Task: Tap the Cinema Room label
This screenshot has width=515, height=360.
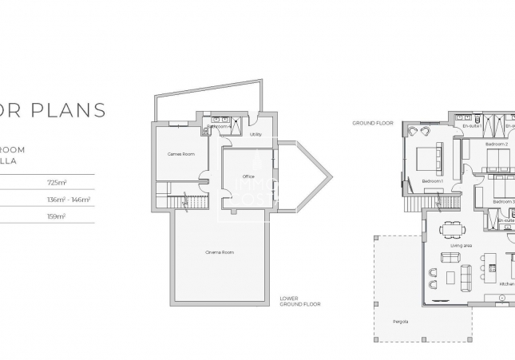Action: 219,252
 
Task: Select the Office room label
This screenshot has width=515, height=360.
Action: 248,176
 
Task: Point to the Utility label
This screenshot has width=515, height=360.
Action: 256,134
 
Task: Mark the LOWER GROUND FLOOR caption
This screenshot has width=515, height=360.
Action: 300,302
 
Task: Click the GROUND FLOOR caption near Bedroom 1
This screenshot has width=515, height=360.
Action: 373,123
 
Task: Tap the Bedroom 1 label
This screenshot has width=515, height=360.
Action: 432,182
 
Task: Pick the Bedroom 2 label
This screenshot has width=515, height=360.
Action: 495,144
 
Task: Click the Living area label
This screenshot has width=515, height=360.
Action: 461,246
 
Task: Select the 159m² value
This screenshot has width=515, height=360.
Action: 57,216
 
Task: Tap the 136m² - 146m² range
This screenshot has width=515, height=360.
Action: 69,199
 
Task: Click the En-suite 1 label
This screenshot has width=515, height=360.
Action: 473,126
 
